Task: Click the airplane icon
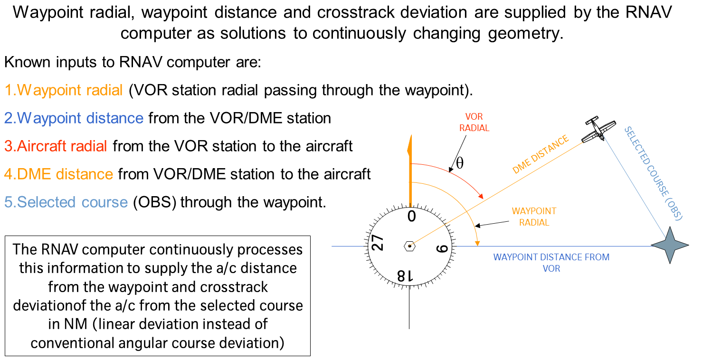[598, 128]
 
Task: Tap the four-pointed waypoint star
[669, 245]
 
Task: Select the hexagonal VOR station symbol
[409, 246]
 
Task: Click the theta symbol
[459, 163]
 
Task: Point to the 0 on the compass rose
[411, 217]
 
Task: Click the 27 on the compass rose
[378, 244]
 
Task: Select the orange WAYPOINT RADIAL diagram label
[534, 217]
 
